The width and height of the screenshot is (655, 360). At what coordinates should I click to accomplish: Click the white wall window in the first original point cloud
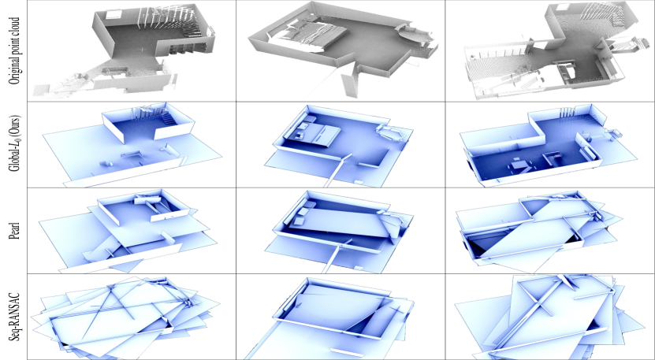pos(114,15)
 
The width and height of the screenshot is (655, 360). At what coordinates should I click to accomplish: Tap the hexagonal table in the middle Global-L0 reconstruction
pos(390,132)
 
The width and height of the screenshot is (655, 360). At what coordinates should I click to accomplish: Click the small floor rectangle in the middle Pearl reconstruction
pos(358,267)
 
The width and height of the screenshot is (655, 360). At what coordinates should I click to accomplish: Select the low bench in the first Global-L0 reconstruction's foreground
pos(130,154)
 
